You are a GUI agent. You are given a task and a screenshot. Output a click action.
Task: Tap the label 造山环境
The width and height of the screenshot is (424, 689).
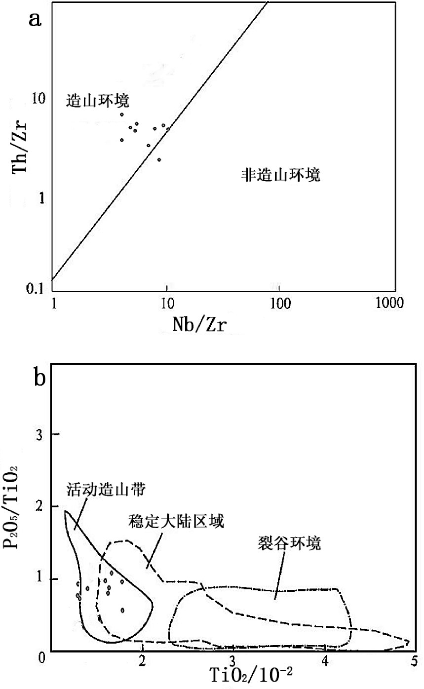[x=98, y=101]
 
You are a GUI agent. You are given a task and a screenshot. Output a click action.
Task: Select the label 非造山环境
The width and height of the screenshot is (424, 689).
[x=280, y=175]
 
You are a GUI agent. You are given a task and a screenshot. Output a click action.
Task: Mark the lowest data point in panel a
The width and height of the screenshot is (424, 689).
[x=159, y=160]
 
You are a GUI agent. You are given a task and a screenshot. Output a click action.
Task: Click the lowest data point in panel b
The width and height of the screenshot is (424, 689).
[x=122, y=611]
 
